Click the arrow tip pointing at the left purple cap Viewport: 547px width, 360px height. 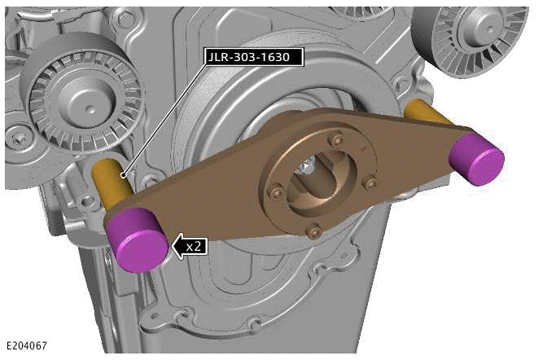coord(172,245)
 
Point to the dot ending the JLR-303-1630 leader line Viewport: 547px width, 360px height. coord(123,173)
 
